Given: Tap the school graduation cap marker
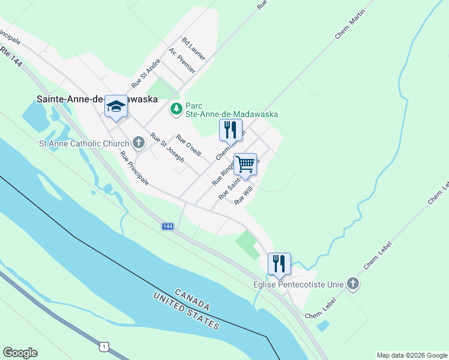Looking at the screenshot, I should [x=116, y=107].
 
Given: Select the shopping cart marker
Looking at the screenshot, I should [x=245, y=163].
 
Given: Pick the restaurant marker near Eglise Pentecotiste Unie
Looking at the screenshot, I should [x=279, y=263].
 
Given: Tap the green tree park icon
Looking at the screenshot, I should [x=176, y=109].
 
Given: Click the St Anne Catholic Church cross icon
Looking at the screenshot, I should [x=139, y=143].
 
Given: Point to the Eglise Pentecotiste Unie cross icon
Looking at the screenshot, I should [x=353, y=284].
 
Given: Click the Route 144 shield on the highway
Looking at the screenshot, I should [x=167, y=226].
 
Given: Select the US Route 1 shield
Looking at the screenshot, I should [x=105, y=347].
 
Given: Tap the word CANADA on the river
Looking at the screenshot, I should [x=193, y=298].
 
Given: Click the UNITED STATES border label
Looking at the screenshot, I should [x=186, y=311].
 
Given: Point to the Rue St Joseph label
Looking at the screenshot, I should [x=167, y=148].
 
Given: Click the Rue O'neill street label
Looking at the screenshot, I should [x=188, y=145].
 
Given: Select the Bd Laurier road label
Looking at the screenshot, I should [x=194, y=49].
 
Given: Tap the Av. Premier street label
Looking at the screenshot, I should [x=182, y=61].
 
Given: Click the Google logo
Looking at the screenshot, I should [x=20, y=353].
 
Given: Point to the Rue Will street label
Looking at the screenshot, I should [x=244, y=196].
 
